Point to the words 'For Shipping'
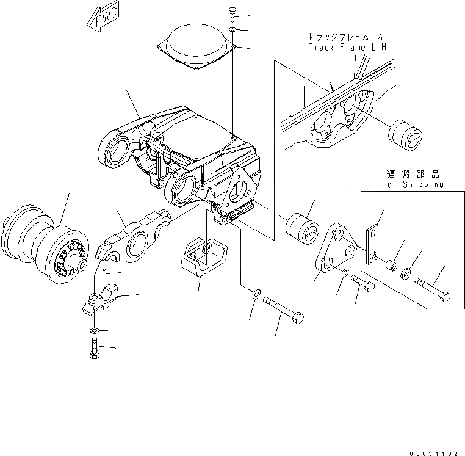[x=413, y=183]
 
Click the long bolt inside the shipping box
[x=433, y=288]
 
